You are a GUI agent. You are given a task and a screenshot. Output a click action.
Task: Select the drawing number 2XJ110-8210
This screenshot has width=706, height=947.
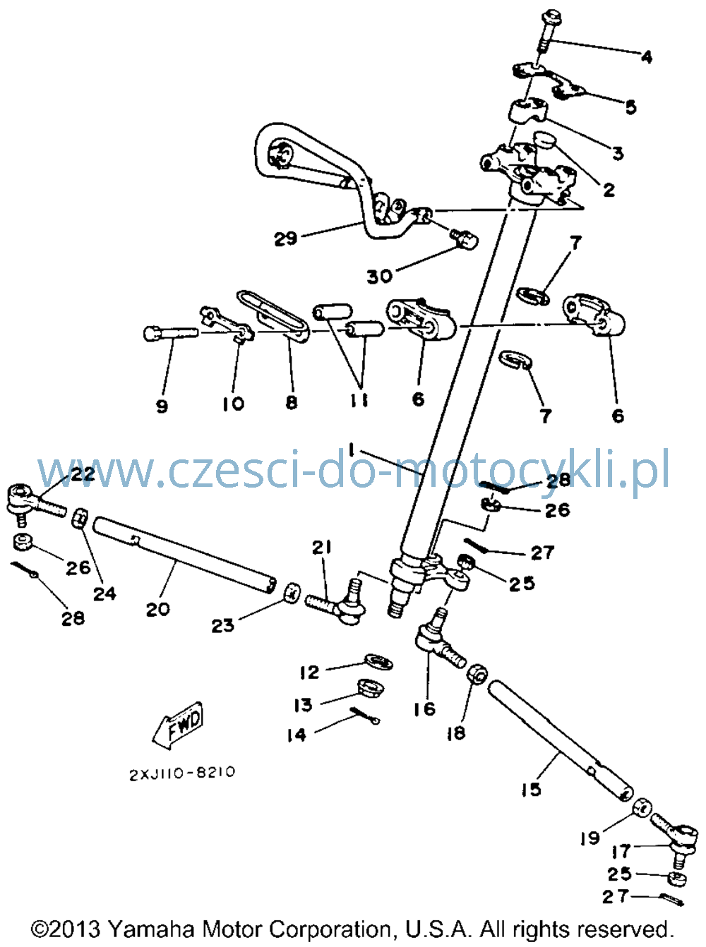pos(182,773)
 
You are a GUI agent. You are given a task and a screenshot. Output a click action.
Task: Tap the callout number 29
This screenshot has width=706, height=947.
pos(285,239)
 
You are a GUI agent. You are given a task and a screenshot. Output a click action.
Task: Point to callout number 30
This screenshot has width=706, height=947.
pos(380,277)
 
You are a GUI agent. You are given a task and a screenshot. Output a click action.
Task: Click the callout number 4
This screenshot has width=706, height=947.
pos(647,56)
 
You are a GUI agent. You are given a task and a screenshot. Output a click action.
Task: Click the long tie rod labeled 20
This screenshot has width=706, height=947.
pos(185,555)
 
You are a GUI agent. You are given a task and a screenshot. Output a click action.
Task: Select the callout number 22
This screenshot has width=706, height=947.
pos(83,474)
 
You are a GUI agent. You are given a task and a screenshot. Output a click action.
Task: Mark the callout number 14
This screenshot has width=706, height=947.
pos(297,735)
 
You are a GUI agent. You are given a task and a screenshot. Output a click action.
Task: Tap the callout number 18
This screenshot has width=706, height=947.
pos(456,733)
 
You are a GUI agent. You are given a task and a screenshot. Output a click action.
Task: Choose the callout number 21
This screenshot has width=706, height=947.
pos(321,548)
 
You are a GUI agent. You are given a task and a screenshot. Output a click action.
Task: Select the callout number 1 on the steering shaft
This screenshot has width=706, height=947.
pos(352,449)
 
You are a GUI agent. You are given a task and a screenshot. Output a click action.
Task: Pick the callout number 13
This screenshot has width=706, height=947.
pos(304,705)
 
